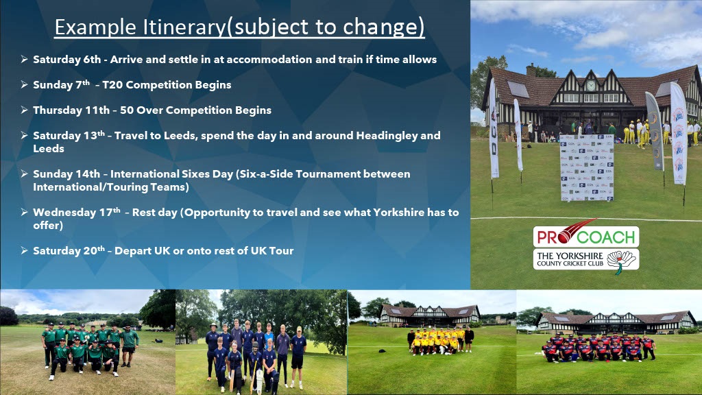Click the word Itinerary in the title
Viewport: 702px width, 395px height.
[185, 27]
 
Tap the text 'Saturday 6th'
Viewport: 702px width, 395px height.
[67, 60]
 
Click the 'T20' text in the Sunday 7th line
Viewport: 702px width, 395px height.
[112, 84]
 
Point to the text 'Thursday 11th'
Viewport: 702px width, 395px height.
[71, 110]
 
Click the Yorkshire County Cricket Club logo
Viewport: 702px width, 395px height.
[585, 260]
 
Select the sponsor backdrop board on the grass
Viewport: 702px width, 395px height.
[587, 167]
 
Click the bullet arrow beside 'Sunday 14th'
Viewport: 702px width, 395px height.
[24, 173]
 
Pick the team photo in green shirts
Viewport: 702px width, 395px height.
[88, 342]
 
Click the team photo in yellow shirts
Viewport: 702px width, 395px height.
[432, 342]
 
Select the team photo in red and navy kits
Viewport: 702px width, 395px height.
[609, 342]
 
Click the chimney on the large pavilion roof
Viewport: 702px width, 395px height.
[531, 70]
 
